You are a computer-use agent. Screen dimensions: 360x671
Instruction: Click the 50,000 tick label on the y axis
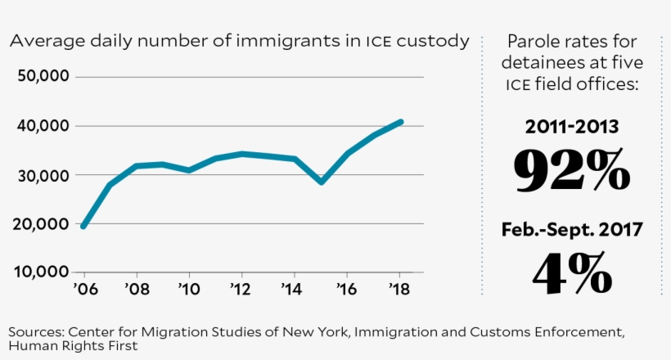[43, 77]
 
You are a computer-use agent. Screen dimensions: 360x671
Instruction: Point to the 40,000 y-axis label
[43, 126]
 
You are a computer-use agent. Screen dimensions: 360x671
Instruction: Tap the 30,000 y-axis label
[43, 175]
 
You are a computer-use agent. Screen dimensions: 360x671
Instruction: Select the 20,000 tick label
[43, 224]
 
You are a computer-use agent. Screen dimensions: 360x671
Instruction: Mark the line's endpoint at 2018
[400, 122]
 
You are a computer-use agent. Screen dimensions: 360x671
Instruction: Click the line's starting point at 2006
[83, 226]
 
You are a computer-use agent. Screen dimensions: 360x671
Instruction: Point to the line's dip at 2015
[322, 182]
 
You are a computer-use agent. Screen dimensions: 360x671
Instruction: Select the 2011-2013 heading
[572, 127]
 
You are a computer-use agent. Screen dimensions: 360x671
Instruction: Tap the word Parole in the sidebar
[534, 42]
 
